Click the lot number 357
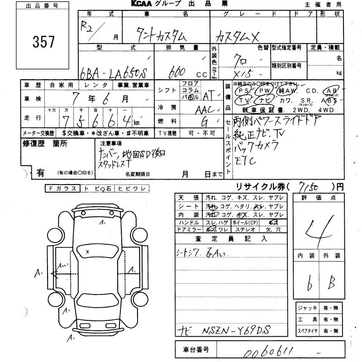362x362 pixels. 43,42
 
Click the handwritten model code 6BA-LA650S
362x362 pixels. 116,72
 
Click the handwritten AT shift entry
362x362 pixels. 209,95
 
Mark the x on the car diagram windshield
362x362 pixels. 87,251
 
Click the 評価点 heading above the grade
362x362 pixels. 319,198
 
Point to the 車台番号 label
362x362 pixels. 195,350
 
